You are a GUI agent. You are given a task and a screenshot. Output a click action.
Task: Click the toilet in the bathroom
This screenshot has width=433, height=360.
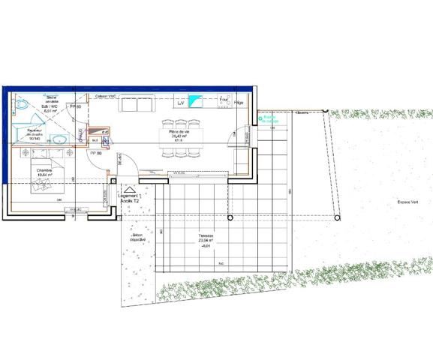click(23, 103)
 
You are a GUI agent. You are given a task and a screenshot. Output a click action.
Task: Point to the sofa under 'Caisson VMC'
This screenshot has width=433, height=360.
click(137, 103)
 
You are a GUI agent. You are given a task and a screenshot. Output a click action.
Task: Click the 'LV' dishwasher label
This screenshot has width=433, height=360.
click(180, 103)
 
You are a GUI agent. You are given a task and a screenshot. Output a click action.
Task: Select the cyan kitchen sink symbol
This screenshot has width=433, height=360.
click(197, 101)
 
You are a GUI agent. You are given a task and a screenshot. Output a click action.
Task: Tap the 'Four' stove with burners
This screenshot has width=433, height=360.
click(224, 99)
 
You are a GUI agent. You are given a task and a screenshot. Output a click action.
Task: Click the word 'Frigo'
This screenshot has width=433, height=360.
click(239, 103)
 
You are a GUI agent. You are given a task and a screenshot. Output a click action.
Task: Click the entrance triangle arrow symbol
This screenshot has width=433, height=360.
click(128, 189)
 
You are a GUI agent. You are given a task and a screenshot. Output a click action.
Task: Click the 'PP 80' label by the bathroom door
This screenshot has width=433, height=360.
click(75, 108)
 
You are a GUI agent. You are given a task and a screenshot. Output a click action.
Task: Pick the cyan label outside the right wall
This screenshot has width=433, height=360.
click(269, 118)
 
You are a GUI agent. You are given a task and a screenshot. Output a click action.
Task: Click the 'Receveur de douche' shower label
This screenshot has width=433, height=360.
click(35, 135)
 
